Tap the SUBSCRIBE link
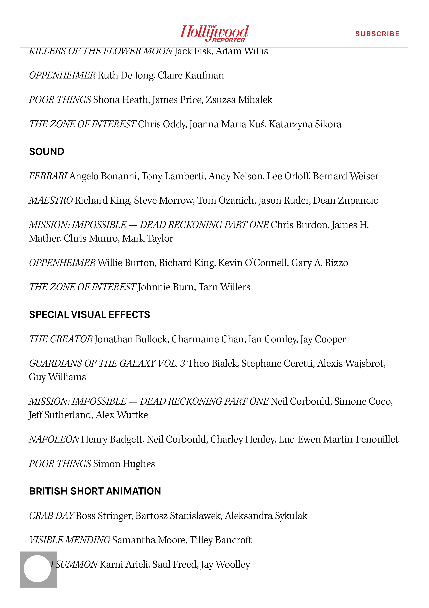(377, 34)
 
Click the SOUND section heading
(47, 152)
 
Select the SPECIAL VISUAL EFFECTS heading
(89, 315)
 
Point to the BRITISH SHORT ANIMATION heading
(95, 491)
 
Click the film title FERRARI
(48, 176)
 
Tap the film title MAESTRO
(51, 200)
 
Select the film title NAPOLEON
(54, 439)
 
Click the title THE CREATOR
(61, 339)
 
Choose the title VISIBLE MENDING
(70, 540)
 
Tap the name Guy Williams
(57, 377)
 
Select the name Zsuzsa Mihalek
(239, 100)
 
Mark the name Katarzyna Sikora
(305, 124)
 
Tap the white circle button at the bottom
(37, 568)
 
